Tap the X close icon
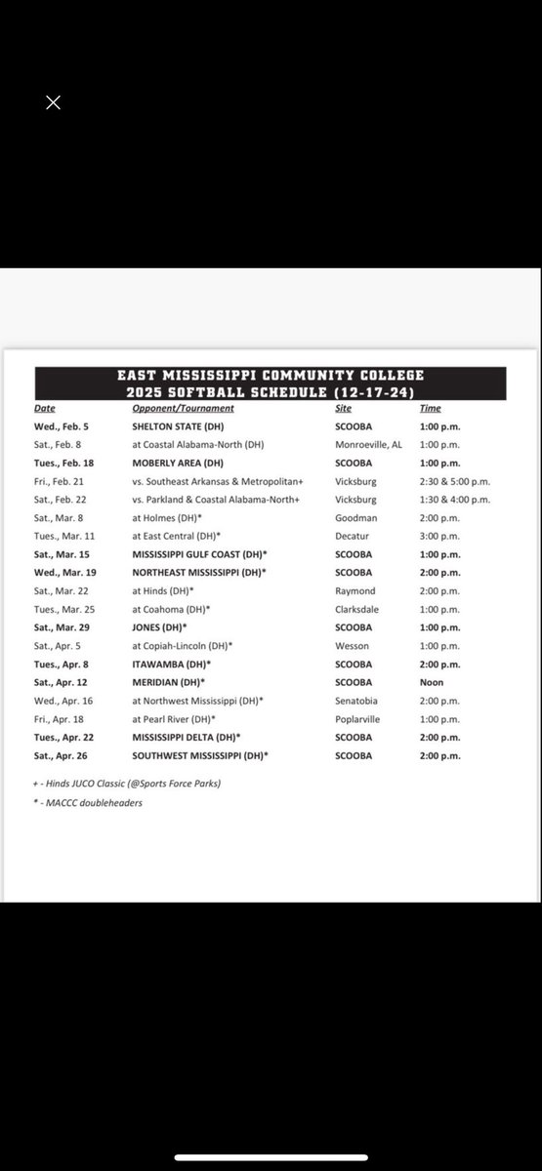click(x=53, y=102)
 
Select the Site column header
click(x=343, y=408)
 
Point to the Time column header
click(x=430, y=408)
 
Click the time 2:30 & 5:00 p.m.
click(x=454, y=481)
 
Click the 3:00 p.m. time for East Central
click(x=438, y=536)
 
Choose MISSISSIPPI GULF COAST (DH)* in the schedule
click(x=200, y=554)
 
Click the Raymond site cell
click(x=355, y=591)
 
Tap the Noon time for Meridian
click(x=431, y=682)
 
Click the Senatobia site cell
click(x=357, y=701)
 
